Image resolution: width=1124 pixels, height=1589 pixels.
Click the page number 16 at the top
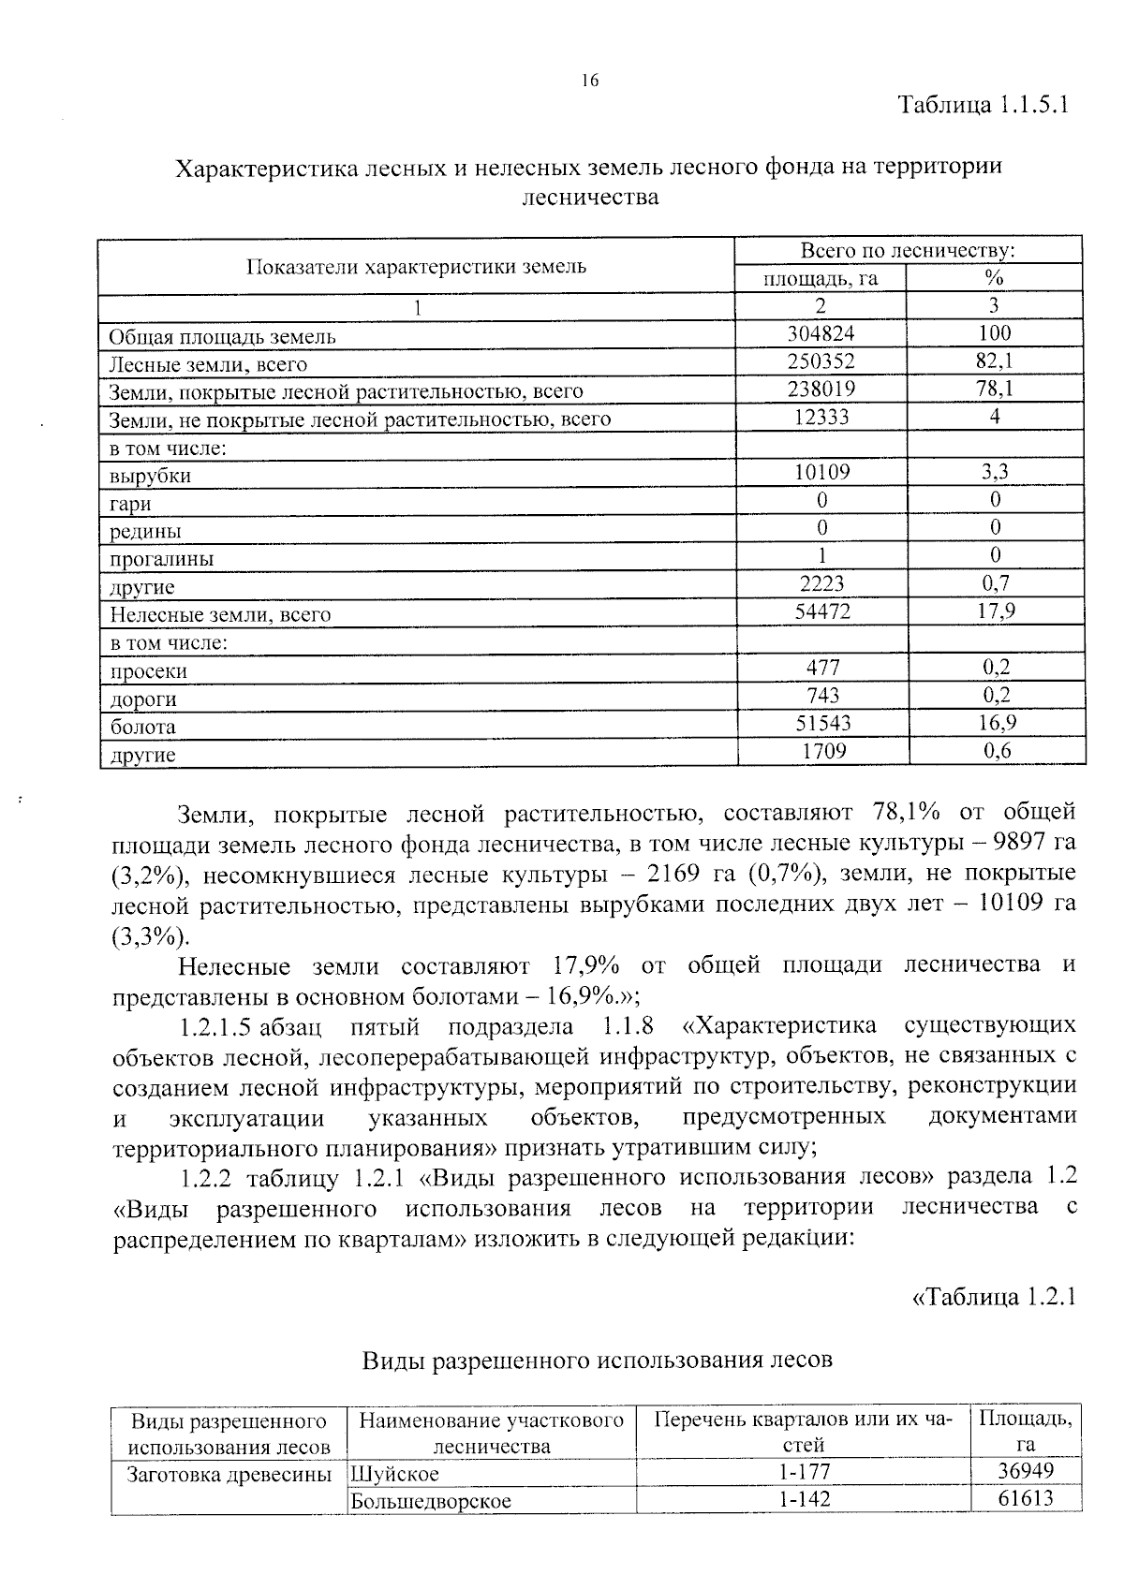coord(589,81)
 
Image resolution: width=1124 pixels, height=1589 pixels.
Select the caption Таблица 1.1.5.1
coord(983,103)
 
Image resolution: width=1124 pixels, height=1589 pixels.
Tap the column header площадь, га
coord(820,278)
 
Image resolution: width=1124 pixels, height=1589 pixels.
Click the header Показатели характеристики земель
coord(416,266)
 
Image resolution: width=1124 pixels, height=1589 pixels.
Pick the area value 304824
coord(821,333)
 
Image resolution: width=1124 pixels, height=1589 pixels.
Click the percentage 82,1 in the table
coord(994,360)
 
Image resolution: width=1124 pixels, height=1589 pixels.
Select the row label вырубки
coord(151,476)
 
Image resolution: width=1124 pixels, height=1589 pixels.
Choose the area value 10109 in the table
coord(821,472)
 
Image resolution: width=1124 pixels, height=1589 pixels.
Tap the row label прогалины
coord(162,559)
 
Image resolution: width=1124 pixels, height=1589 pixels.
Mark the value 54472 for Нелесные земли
coord(821,611)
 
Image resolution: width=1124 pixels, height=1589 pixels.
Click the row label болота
coord(143,727)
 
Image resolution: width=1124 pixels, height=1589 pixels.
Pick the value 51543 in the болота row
coord(821,723)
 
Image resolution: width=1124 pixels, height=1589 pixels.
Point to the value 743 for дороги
coord(821,695)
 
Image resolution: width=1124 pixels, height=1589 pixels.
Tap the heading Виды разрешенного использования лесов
coord(598,1360)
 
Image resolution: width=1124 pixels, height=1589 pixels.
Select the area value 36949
coord(1026,1472)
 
